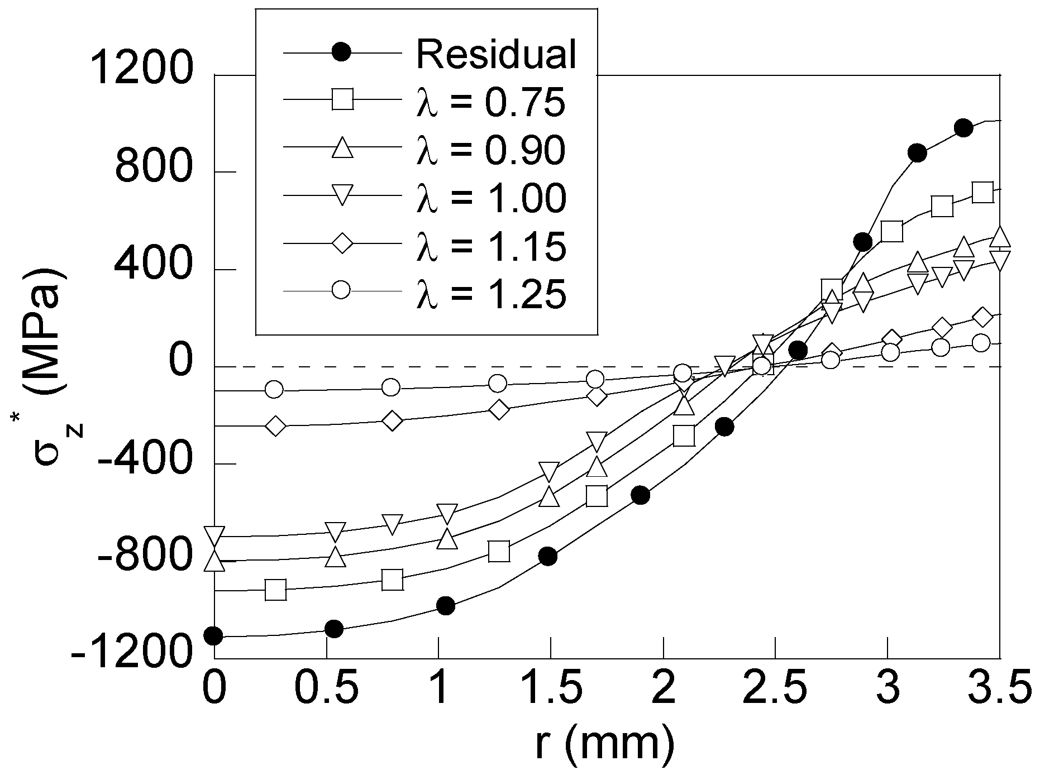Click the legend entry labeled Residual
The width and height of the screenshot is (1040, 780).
(496, 54)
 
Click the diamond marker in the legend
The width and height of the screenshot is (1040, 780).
(342, 243)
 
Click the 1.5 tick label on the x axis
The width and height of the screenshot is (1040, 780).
(550, 691)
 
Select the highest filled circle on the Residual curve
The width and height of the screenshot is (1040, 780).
(963, 128)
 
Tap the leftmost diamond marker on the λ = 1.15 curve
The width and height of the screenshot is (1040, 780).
(275, 426)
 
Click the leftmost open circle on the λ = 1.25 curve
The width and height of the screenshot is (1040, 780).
(274, 389)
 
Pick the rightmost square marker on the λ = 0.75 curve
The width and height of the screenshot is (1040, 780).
(982, 193)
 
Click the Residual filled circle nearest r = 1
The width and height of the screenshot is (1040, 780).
(445, 605)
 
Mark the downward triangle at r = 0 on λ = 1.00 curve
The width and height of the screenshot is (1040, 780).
(214, 535)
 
